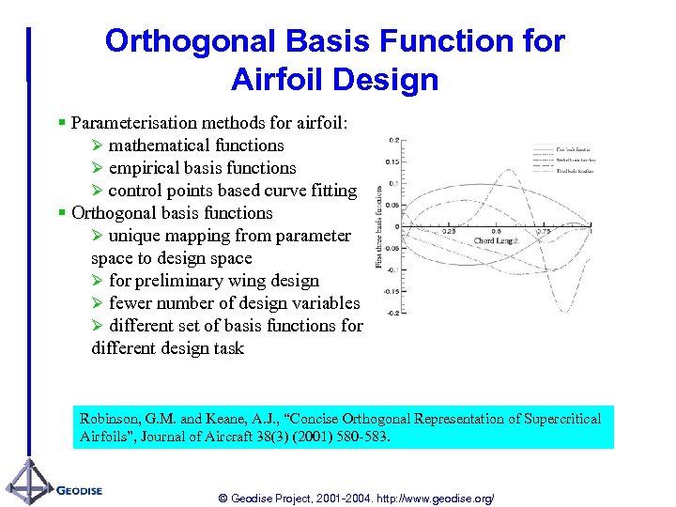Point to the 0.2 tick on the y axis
click(393, 140)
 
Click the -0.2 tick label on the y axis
click(392, 313)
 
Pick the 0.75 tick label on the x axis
click(543, 231)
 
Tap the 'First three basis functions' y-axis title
click(379, 225)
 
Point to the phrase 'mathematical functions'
click(196, 146)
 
